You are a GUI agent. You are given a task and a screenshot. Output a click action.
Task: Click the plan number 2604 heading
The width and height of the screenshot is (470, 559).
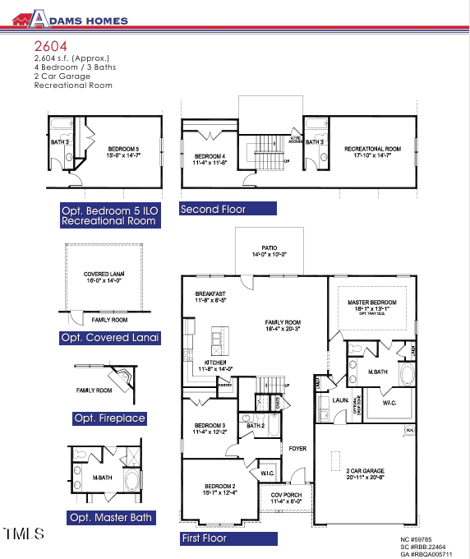[x=50, y=47]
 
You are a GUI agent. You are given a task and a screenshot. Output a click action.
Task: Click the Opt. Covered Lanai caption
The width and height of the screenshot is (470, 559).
[x=109, y=338]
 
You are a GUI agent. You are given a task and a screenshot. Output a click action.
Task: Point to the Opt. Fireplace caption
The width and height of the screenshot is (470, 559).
[x=109, y=418]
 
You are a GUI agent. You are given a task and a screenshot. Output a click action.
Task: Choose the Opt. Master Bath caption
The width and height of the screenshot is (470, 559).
[x=112, y=518]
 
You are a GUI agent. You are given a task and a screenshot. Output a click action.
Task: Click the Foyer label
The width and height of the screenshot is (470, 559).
[x=297, y=448]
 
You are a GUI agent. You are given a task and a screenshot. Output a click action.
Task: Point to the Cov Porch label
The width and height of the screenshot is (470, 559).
[x=287, y=496]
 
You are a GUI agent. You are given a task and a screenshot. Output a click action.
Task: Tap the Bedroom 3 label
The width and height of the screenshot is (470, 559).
[x=210, y=427]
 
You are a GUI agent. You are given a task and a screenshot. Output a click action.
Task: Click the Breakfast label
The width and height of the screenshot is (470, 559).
[x=210, y=293]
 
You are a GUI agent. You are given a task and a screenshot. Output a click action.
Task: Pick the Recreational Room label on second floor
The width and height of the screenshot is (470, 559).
[x=372, y=149]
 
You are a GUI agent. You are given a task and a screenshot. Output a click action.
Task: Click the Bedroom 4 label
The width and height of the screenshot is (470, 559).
[x=210, y=156]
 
